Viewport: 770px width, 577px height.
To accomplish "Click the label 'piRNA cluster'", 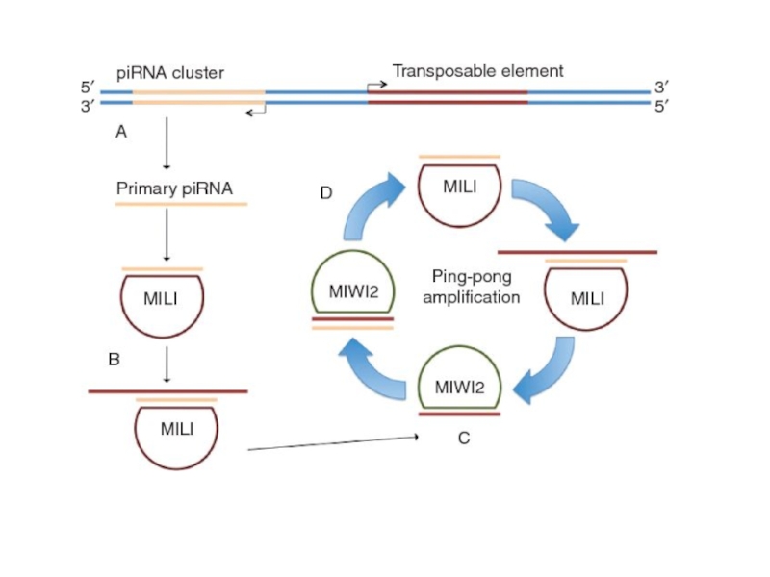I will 169,72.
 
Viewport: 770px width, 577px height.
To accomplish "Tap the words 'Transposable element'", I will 477,71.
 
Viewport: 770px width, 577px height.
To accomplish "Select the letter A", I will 121,133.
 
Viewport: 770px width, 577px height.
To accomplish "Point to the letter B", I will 114,360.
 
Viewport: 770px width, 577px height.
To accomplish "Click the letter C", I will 464,439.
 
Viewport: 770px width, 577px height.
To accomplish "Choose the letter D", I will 326,193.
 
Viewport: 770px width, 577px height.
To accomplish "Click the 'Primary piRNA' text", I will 174,188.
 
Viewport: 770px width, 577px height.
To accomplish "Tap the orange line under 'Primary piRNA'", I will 180,205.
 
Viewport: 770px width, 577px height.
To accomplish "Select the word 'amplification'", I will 471,297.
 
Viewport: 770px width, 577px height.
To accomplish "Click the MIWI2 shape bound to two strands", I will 351,289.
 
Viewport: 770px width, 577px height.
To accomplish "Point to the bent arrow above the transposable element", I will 376,86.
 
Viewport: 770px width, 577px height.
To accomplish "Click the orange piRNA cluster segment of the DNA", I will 198,97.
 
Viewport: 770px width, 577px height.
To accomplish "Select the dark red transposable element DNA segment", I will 448,97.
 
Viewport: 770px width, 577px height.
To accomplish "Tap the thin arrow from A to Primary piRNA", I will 167,143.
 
